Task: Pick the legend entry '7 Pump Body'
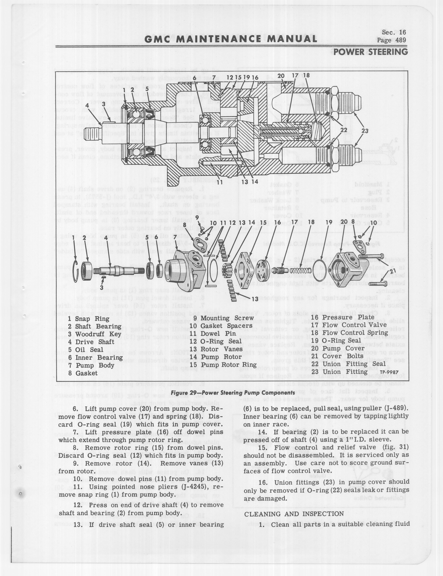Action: point(91,365)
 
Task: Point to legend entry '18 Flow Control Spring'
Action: point(349,333)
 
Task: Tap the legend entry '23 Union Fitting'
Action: point(339,372)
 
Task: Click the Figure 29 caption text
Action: point(233,393)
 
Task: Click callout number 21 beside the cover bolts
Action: point(393,272)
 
